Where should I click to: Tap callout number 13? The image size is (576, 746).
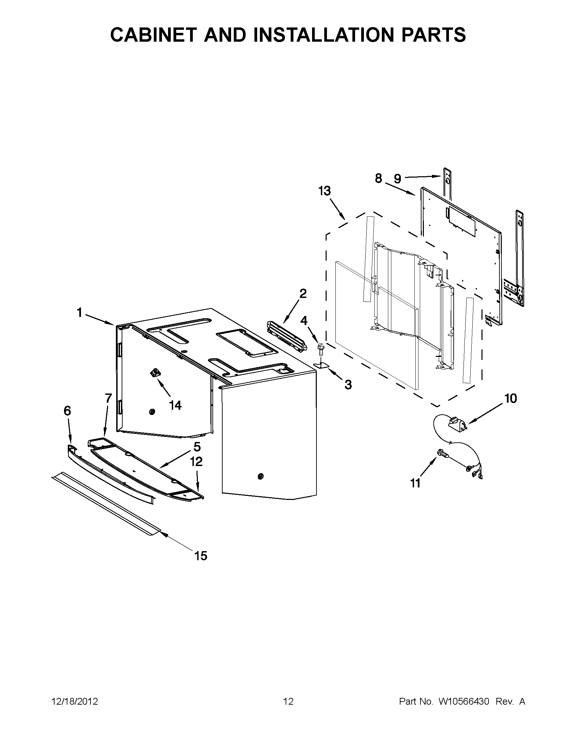[324, 191]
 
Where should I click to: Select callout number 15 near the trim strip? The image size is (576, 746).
[201, 556]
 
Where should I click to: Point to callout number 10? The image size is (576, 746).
[511, 398]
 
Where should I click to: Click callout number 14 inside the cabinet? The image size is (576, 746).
[175, 405]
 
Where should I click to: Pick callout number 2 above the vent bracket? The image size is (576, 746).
[303, 294]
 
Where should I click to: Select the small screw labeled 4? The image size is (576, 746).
[320, 348]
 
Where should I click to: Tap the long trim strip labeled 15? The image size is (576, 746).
[106, 504]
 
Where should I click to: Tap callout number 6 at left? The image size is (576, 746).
[67, 410]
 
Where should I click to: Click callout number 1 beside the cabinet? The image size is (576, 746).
[79, 312]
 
